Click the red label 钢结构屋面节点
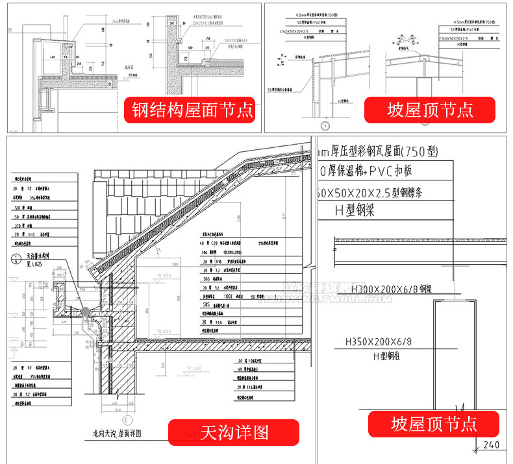coord(190,109)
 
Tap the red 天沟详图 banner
coord(234,432)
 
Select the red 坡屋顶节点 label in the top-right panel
coord(429,109)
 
